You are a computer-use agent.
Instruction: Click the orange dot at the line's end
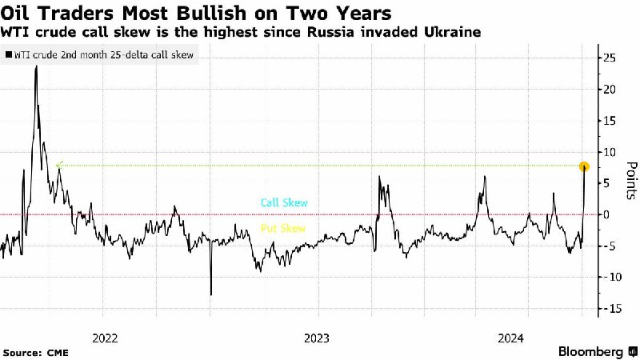click(x=585, y=167)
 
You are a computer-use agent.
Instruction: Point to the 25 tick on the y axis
click(x=609, y=58)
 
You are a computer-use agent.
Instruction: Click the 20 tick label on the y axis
click(x=609, y=90)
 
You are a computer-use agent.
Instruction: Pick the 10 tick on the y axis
click(x=609, y=152)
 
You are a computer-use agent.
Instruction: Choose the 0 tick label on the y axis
click(x=607, y=214)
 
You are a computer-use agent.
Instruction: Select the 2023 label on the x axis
click(x=317, y=338)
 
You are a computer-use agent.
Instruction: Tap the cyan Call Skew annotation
click(x=284, y=203)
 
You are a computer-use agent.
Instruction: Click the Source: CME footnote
click(x=34, y=352)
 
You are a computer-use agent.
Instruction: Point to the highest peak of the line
click(x=36, y=66)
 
